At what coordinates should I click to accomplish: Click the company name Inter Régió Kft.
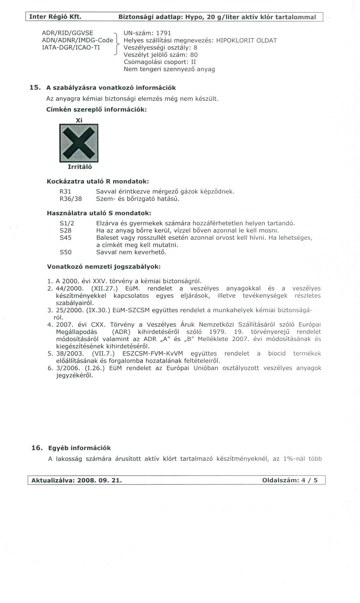pos(55,17)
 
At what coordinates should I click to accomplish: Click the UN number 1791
pos(163,33)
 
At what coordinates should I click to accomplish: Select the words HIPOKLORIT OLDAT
pos(246,40)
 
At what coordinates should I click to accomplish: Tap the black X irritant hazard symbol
pos(79,143)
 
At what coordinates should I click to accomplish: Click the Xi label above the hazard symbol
pos(79,120)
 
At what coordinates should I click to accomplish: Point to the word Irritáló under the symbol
pos(80,167)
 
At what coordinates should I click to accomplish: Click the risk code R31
pos(65,192)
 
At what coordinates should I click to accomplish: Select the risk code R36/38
pos(71,199)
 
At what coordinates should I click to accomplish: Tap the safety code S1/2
pos(67,223)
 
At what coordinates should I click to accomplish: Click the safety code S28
pos(65,231)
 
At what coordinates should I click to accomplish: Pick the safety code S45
pos(65,238)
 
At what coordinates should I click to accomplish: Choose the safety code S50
pos(65,252)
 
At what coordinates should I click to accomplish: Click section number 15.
pos(35,88)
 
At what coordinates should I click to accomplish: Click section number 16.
pos(37,448)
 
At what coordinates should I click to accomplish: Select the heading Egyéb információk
pos(79,448)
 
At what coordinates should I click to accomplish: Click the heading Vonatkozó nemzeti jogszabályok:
pos(104,267)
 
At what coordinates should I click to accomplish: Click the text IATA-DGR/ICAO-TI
pos(71,48)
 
